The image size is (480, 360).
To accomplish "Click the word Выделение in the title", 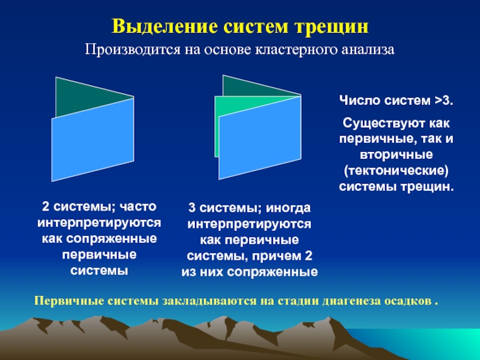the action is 164,27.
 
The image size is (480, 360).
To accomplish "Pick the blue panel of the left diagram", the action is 93,140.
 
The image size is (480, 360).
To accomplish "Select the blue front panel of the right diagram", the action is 260,138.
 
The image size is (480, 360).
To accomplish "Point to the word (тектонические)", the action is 396,170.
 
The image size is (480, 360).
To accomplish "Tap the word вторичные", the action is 396,154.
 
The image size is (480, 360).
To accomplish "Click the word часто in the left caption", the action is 138,206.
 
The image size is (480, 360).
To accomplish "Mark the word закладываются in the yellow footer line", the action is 209,301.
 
